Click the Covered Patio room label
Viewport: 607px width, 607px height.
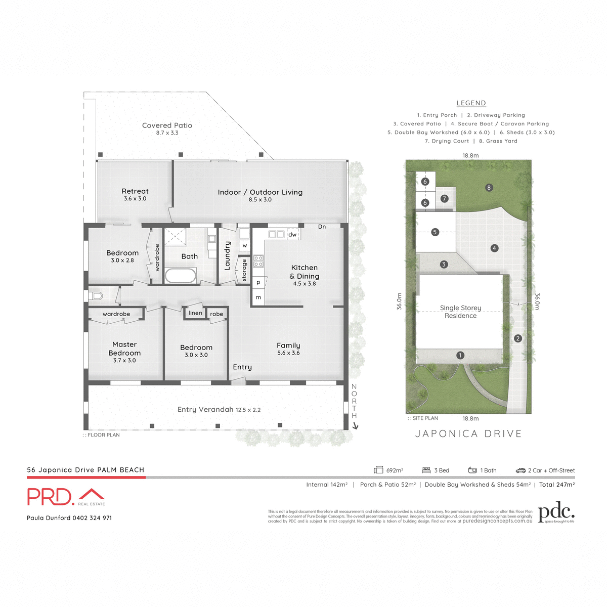pyautogui.click(x=167, y=125)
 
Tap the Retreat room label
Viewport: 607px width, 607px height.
pyautogui.click(x=135, y=191)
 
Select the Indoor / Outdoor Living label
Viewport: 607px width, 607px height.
pyautogui.click(x=260, y=192)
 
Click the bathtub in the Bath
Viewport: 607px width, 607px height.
pyautogui.click(x=181, y=276)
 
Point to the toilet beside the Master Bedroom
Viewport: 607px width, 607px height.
pyautogui.click(x=96, y=295)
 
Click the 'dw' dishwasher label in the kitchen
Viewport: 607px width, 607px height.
pyautogui.click(x=292, y=235)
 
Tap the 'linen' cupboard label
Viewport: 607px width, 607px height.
pyautogui.click(x=195, y=313)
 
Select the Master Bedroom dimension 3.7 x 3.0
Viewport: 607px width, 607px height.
pyautogui.click(x=124, y=361)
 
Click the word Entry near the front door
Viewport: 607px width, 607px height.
pyautogui.click(x=242, y=367)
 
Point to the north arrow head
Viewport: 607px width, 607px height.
pyautogui.click(x=355, y=426)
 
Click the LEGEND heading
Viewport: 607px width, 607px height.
pyautogui.click(x=471, y=103)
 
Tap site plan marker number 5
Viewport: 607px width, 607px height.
pyautogui.click(x=435, y=232)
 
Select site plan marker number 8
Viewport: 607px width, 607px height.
pyautogui.click(x=489, y=188)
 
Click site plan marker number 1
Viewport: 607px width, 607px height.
pyautogui.click(x=460, y=355)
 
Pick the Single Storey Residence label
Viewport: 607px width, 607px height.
pyautogui.click(x=460, y=312)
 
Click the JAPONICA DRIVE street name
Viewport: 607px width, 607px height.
pyautogui.click(x=468, y=433)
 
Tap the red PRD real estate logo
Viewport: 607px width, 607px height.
pyautogui.click(x=66, y=497)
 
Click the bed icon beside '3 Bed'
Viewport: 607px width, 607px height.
pyautogui.click(x=425, y=470)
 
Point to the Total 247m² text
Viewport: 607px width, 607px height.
pyautogui.click(x=556, y=485)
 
